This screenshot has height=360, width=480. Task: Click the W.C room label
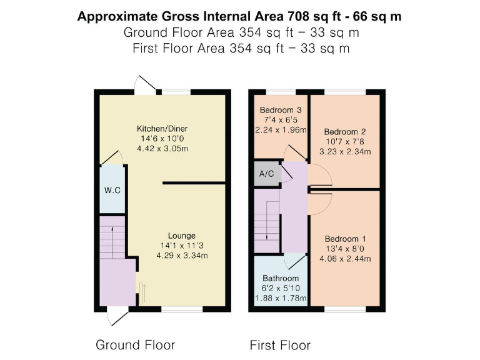point(112,190)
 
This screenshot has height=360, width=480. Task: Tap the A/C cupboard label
point(266,173)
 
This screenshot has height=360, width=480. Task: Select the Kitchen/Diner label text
point(162,129)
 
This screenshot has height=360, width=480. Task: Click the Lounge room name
point(181,236)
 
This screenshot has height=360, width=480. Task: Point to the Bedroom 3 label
point(281,110)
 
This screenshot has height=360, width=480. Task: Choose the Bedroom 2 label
point(344,132)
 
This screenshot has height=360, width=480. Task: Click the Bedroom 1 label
point(345,239)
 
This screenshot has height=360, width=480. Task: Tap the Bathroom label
point(281,277)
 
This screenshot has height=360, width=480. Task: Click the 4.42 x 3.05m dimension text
point(162,149)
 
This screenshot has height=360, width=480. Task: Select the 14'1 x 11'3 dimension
point(181,246)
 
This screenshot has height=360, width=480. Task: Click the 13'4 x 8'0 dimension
point(345,249)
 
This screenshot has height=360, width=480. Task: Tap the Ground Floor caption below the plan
point(135,345)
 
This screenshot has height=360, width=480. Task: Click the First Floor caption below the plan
point(280,345)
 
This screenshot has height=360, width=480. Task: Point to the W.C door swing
point(110,157)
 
